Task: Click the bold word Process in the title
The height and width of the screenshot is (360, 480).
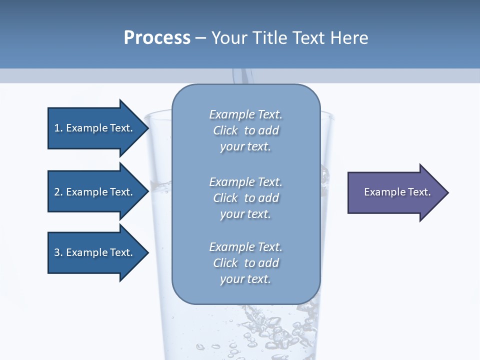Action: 157,38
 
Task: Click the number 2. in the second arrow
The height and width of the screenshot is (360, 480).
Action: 58,192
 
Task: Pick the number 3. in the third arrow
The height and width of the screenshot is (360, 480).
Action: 58,252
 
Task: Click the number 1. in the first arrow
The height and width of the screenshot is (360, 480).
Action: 58,128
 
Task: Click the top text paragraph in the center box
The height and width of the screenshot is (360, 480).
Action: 245,130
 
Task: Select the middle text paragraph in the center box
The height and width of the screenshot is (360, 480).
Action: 245,198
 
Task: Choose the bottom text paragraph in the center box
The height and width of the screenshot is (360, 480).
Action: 245,263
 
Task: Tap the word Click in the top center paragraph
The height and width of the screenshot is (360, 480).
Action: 225,130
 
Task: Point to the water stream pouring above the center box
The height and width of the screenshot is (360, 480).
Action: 245,76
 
